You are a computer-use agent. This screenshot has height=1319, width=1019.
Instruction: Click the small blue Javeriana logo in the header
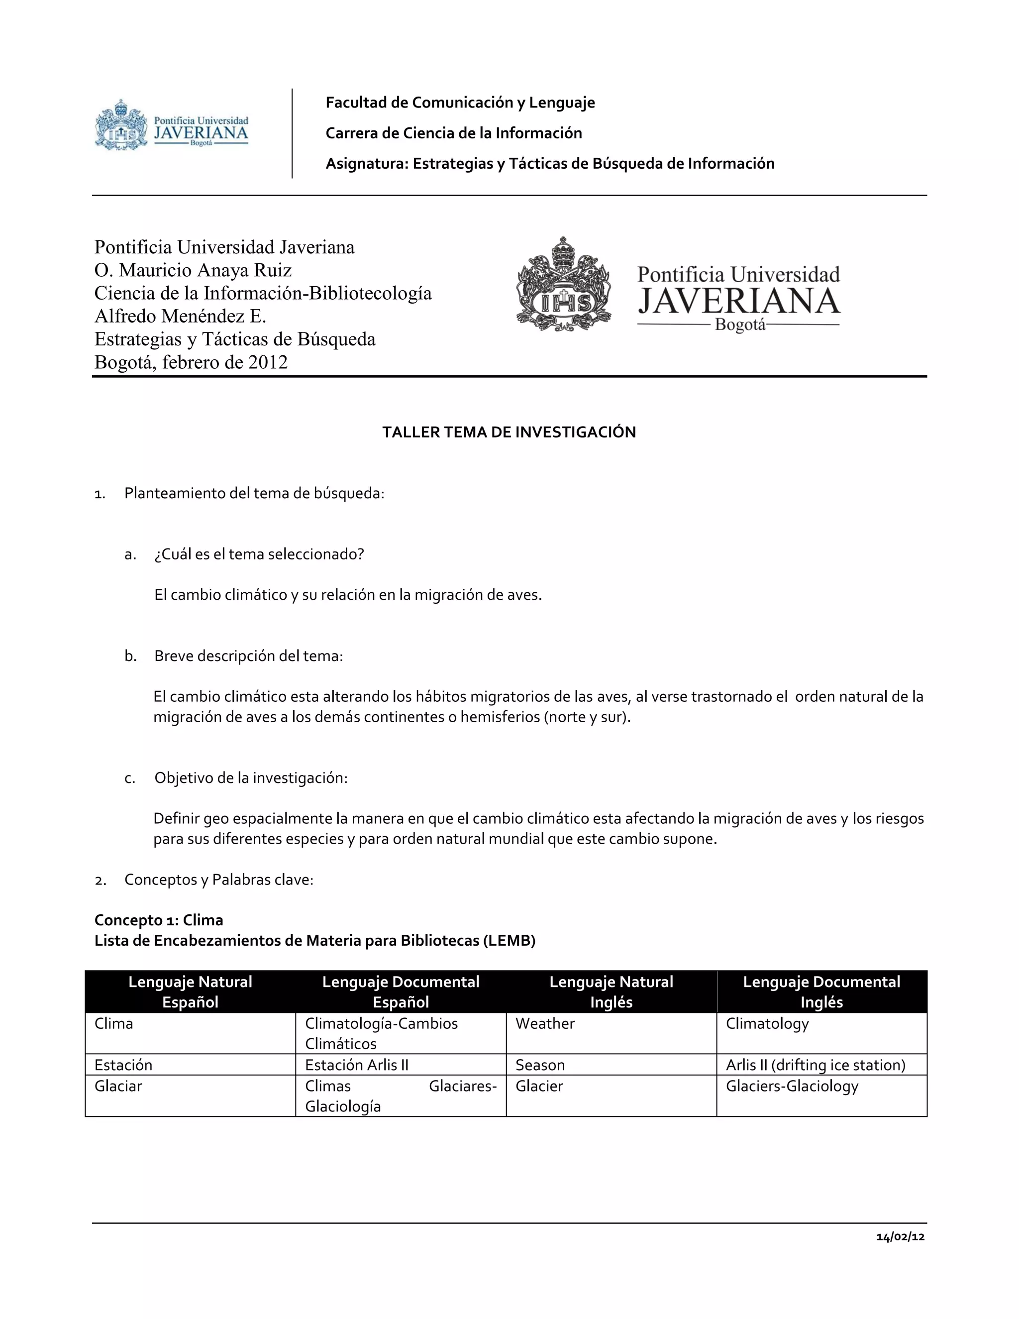tap(172, 125)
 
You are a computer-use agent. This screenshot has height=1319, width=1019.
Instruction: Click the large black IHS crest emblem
tap(564, 284)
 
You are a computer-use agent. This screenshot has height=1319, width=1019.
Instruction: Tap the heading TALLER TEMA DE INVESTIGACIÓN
tap(509, 432)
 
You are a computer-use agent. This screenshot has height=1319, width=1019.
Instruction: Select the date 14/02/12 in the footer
tap(900, 1237)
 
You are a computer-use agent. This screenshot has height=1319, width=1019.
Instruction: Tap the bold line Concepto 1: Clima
tap(159, 920)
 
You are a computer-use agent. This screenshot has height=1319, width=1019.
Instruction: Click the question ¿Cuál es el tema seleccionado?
tap(259, 554)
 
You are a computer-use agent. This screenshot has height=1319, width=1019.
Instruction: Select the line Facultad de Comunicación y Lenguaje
tap(460, 103)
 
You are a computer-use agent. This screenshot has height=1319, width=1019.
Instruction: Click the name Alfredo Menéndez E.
tap(180, 316)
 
